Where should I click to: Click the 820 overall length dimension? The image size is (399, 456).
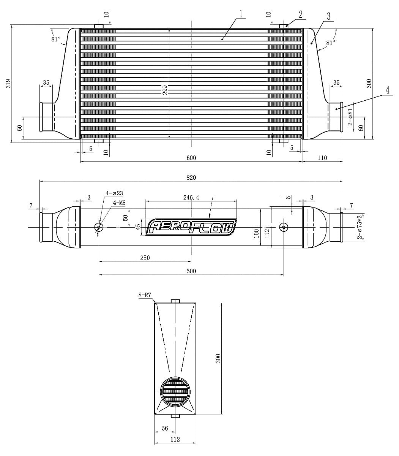point(191,177)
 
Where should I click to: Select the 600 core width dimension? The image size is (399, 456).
point(191,158)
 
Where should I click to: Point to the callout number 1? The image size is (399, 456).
point(241,14)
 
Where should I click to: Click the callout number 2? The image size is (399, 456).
point(300,14)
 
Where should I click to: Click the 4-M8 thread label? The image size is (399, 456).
point(120,203)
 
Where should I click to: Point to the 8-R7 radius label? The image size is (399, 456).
point(146,295)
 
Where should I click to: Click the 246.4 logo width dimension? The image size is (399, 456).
point(191,198)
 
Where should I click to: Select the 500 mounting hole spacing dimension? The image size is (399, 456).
point(191,271)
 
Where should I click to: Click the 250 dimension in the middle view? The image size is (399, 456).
point(145,258)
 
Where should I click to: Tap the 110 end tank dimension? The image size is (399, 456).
point(322,158)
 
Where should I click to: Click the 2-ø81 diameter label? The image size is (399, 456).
point(350,117)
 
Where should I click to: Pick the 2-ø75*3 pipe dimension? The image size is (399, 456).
point(359,227)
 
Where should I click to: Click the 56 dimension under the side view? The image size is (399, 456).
point(165,428)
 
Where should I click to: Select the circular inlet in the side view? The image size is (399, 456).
point(175,391)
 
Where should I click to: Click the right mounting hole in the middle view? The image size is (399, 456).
point(284,227)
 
